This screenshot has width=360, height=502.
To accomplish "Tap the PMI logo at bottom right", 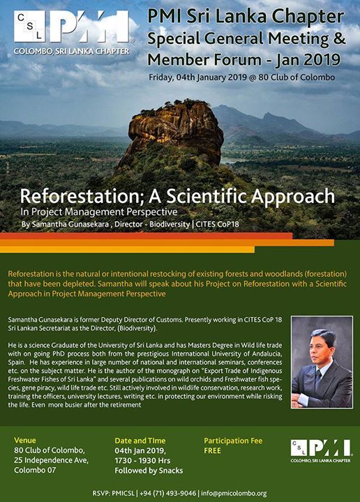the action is click(x=321, y=451).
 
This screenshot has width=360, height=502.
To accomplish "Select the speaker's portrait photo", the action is click(x=322, y=362).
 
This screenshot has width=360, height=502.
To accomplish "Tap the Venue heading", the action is click(x=25, y=440).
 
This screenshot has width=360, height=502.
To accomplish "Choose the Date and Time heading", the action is click(x=140, y=441).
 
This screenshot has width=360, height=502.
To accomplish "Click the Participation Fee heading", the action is click(x=233, y=441).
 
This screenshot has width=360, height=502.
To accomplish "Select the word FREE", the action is click(x=212, y=451).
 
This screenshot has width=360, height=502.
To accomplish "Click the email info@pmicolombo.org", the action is click(x=234, y=494).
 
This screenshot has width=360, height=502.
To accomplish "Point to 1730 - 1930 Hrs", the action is click(x=142, y=461).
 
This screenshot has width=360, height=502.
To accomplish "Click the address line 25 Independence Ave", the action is click(x=51, y=460).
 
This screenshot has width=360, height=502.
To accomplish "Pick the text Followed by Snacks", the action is click(x=149, y=471).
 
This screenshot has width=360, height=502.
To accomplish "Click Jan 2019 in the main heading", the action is click(x=308, y=59).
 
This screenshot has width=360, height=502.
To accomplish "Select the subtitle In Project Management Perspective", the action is click(x=98, y=212).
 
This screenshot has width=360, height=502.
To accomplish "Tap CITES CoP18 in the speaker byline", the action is click(x=217, y=224).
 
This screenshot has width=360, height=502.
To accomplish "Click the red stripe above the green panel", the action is click(x=146, y=236).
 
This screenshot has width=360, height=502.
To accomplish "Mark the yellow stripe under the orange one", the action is click(x=127, y=250).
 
